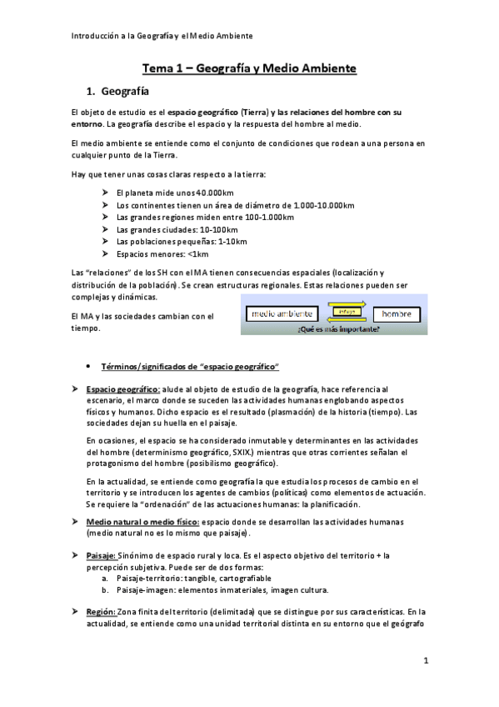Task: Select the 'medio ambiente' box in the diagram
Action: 282,313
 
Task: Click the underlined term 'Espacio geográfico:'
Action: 122,389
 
